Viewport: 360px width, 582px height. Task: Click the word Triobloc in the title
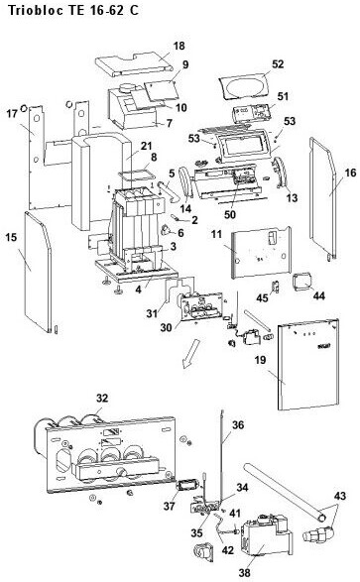[x=35, y=10]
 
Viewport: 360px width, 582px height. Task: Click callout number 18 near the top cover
[x=179, y=46]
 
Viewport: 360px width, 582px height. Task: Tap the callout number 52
[x=278, y=64]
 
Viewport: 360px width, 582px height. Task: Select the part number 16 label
[x=350, y=173]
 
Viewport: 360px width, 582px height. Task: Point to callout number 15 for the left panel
[x=11, y=237]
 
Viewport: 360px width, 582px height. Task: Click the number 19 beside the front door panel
[x=261, y=360]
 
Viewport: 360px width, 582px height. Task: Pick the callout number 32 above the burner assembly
[x=102, y=398]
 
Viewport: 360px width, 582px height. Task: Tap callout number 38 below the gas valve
[x=244, y=573]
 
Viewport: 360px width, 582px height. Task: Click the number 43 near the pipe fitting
[x=340, y=496]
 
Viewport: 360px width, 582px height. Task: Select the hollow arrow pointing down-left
[x=190, y=352]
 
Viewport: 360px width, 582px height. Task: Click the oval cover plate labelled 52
[x=246, y=87]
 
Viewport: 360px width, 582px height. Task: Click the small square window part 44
[x=302, y=282]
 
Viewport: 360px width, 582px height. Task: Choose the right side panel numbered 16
[x=323, y=198]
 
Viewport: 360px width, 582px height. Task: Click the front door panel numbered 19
[x=308, y=366]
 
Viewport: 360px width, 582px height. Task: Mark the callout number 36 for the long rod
[x=238, y=424]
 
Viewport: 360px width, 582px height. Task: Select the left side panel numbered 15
[x=38, y=271]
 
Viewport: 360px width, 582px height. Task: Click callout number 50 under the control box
[x=230, y=214]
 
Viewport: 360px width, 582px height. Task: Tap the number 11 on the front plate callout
[x=216, y=234]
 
